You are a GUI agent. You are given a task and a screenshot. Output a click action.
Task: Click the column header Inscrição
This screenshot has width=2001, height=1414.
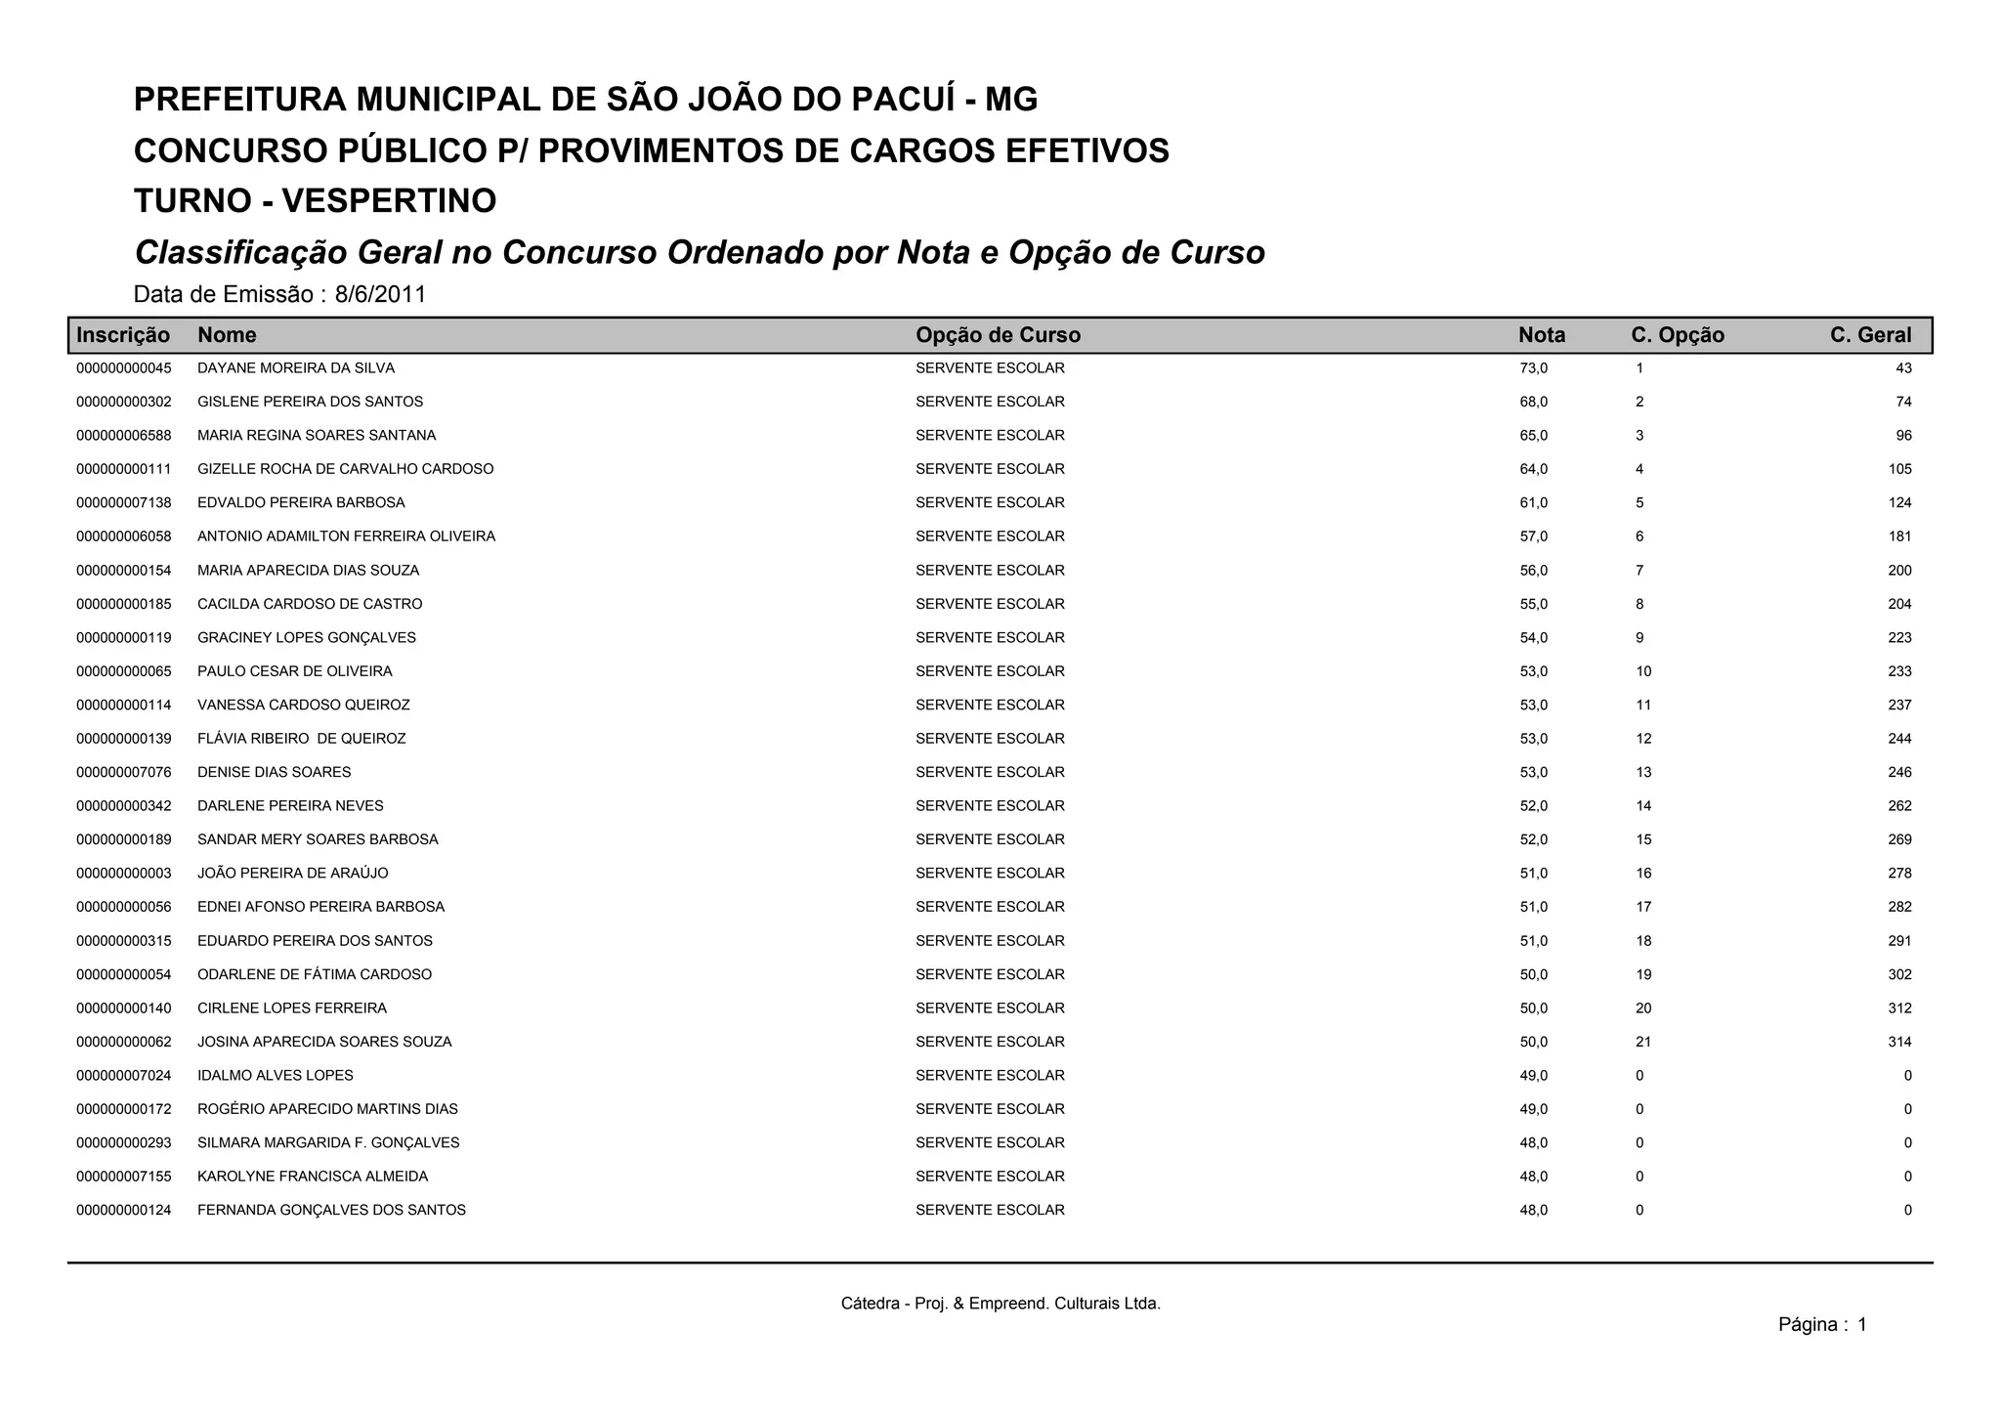point(123,335)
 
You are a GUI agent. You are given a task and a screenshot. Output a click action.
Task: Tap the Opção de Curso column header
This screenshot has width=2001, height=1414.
point(998,335)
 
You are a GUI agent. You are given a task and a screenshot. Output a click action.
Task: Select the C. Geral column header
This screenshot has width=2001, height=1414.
point(1870,335)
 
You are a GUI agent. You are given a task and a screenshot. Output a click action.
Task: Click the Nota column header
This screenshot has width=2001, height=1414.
point(1541,335)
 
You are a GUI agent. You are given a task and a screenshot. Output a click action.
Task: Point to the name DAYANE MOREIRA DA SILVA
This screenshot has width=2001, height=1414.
point(296,368)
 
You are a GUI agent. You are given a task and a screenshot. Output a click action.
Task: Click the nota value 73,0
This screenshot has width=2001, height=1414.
point(1533,368)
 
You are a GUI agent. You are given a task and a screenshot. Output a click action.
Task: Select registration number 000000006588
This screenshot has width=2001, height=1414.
point(124,436)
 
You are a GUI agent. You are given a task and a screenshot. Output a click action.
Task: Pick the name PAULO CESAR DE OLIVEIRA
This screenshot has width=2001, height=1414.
point(295,671)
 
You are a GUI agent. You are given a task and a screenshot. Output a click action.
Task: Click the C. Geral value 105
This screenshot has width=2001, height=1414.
point(1899,469)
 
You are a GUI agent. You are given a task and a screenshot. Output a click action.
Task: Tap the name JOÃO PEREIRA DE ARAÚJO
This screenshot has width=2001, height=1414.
point(293,874)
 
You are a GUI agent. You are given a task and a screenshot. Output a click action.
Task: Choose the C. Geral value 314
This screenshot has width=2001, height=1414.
point(1899,1042)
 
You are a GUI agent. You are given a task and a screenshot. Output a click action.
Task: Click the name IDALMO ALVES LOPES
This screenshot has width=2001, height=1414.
point(276,1076)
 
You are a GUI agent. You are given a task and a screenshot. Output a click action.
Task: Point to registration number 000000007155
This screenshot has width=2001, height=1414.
point(124,1177)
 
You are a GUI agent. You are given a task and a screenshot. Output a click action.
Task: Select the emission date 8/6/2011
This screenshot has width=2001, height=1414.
point(380,294)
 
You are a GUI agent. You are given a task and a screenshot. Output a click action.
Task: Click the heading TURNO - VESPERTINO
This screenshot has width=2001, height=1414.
point(315,201)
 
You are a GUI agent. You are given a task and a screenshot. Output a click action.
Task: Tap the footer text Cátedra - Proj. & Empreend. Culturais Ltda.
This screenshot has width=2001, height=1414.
point(1000,1304)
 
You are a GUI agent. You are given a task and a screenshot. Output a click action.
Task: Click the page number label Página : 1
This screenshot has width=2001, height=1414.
point(1822,1325)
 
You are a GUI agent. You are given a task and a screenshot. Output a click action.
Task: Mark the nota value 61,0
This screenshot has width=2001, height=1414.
point(1533,503)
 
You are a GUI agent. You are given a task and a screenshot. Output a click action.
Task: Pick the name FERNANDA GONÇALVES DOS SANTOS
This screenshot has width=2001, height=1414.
point(331,1211)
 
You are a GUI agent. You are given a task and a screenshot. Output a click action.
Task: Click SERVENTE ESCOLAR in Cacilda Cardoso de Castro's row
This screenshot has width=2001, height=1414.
point(990,604)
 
